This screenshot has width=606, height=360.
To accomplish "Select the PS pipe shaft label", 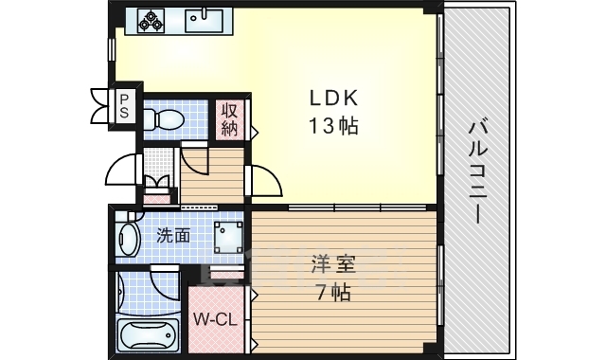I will click(123, 103).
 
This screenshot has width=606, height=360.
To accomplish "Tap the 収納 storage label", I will click(230, 119).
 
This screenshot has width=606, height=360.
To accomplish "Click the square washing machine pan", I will click(227, 234).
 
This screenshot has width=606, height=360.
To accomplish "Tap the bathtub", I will click(148, 334).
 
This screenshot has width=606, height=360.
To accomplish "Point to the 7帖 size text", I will click(332, 293).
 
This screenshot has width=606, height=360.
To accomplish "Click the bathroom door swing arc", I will click(166, 284).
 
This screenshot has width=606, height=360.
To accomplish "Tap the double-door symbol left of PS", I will click(100, 104).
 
